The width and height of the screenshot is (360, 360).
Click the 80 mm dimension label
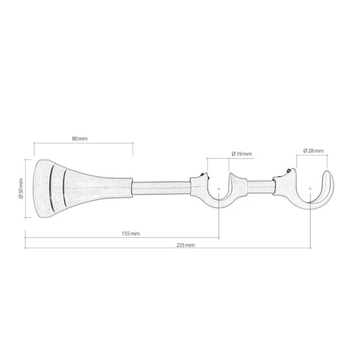80,139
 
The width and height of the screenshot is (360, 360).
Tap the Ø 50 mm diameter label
21,188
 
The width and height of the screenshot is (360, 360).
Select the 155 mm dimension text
131,233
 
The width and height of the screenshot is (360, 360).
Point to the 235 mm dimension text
185,245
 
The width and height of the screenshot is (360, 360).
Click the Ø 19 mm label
242,154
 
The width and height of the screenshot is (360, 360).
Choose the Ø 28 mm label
313,151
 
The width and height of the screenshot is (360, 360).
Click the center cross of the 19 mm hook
219,189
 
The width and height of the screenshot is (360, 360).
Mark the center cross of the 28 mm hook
310,189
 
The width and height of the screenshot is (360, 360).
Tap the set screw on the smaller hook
202,175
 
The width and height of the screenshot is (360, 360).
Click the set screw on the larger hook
288,170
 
